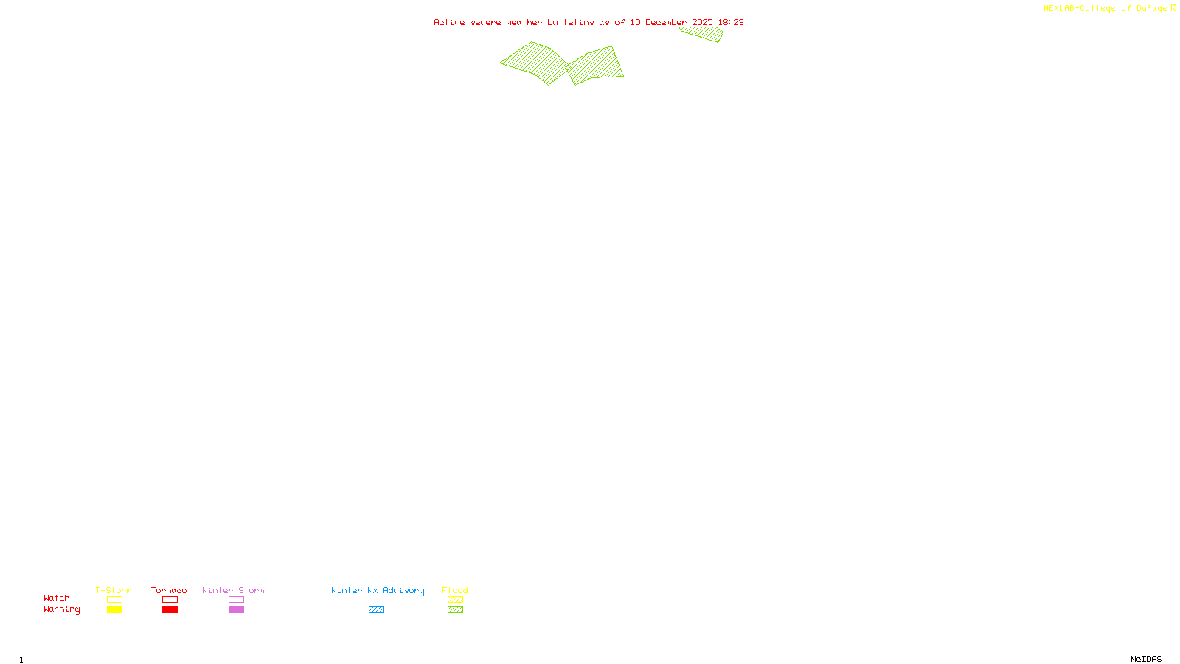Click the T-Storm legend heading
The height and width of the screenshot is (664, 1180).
tap(114, 590)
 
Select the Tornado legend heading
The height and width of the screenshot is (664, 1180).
tap(169, 590)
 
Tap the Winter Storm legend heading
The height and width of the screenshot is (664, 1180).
tap(233, 590)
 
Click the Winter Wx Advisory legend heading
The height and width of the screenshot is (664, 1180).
tap(378, 590)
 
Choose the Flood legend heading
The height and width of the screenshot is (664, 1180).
tap(455, 590)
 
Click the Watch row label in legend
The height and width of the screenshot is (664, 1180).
tap(57, 598)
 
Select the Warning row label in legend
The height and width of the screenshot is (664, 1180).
tap(61, 609)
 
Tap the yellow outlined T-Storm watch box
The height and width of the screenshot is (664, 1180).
tap(114, 600)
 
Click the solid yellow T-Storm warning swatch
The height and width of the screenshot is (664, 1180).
tap(114, 610)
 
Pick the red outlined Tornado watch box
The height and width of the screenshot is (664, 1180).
tap(170, 600)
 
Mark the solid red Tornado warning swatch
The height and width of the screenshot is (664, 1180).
tap(170, 610)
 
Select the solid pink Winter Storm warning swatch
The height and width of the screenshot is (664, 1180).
tap(236, 610)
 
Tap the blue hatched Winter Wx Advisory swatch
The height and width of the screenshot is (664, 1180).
tap(376, 610)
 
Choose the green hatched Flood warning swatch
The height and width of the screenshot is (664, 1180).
tap(455, 610)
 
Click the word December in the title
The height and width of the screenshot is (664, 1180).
tap(666, 22)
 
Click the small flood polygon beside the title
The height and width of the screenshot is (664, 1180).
tap(702, 33)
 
